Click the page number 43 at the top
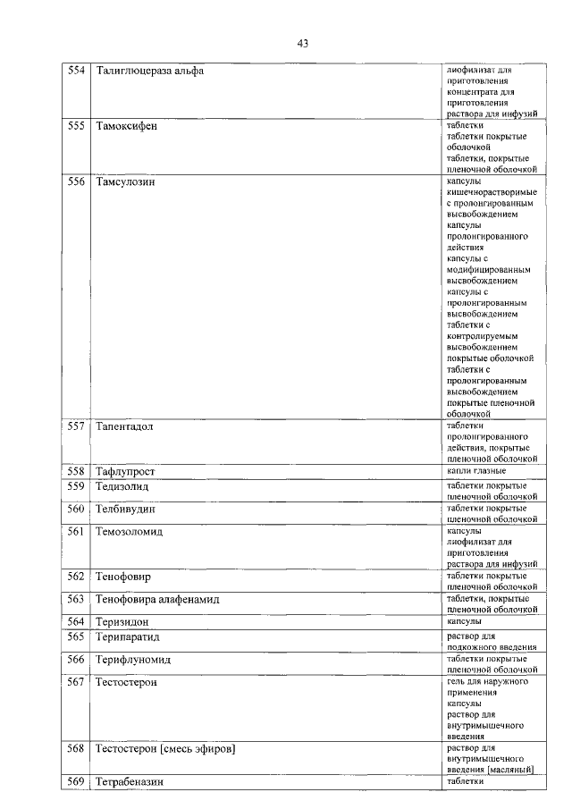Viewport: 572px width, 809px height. pos(302,43)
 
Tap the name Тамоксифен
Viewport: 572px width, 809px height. pos(126,127)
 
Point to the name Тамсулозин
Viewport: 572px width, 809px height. pos(125,182)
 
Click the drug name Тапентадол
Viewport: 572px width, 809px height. pos(125,426)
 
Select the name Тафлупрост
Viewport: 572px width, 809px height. pos(126,471)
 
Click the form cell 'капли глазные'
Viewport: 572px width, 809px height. pos(476,470)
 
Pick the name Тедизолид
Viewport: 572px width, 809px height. pos(122,487)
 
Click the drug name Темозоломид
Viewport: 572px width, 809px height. pos(130,532)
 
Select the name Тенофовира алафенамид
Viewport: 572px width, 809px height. pos(157,599)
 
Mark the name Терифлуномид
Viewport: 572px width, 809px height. pos(133,660)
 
